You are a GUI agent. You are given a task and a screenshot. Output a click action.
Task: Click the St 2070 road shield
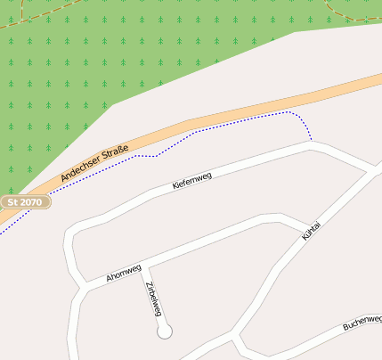tap(25, 202)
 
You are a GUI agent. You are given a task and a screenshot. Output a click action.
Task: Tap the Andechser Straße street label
tap(95, 164)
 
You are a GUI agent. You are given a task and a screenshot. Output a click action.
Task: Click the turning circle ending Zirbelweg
tap(164, 331)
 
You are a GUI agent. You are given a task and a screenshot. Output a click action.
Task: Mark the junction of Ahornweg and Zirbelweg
tap(148, 266)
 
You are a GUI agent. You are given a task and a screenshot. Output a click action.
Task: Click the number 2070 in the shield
tap(32, 202)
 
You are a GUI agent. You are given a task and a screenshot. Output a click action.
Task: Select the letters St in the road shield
tap(12, 202)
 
